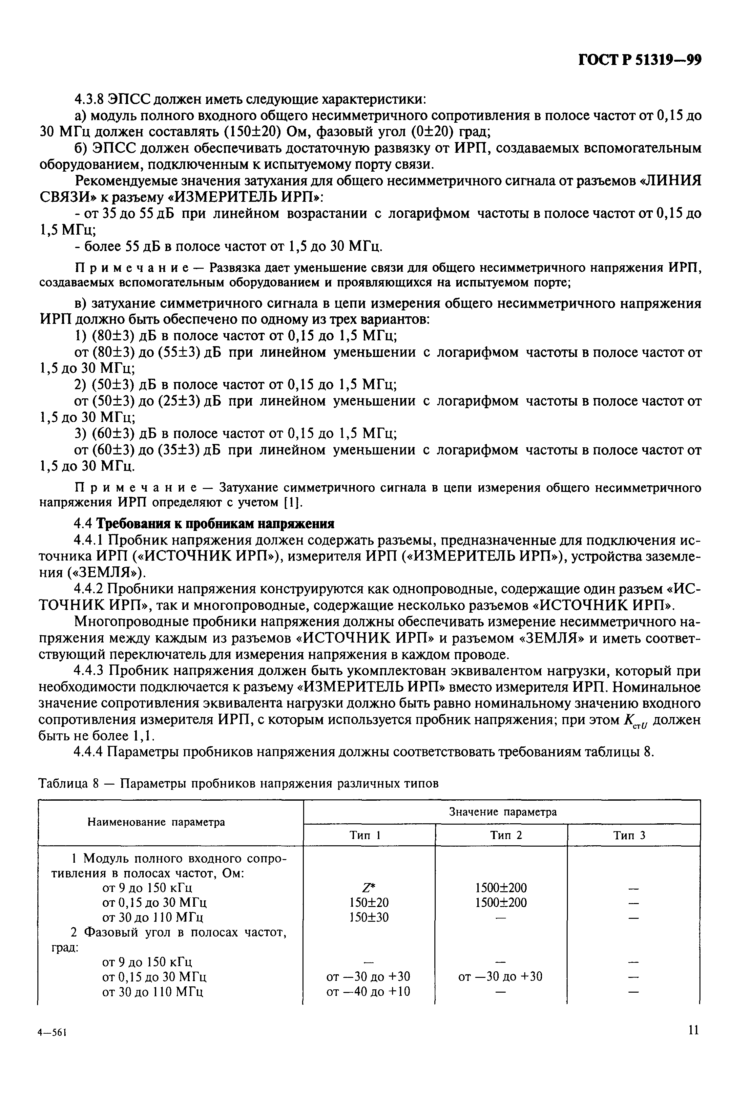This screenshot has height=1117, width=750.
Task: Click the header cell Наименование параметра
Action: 156,822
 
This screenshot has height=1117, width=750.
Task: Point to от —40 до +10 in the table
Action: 368,992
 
